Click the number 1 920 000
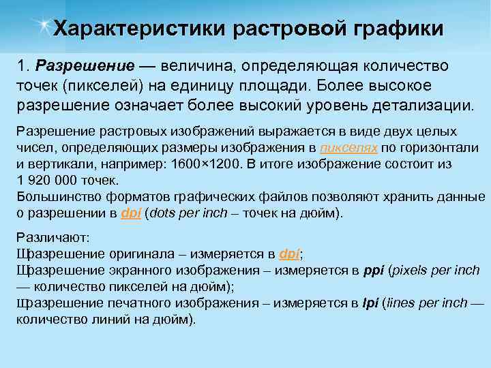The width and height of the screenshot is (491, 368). (x=48, y=181)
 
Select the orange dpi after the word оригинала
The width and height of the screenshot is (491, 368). (x=289, y=254)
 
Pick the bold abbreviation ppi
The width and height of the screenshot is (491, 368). (x=375, y=271)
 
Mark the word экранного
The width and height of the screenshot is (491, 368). (x=132, y=271)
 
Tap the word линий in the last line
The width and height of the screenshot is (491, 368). (x=111, y=319)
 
